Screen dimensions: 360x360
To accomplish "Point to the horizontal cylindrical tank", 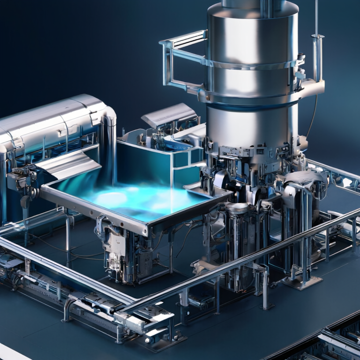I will point(52,122).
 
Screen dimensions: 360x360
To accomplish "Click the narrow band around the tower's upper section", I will point(253,63).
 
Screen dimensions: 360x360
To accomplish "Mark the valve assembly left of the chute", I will point(21,178).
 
